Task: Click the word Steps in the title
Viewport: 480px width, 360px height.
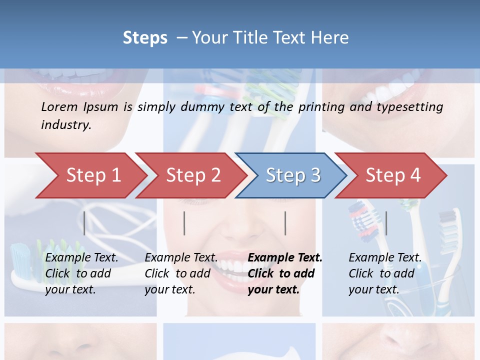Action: point(145,38)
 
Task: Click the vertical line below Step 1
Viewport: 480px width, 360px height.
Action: point(84,223)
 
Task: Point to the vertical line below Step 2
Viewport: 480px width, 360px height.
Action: point(184,223)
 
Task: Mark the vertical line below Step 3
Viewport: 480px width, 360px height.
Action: point(285,223)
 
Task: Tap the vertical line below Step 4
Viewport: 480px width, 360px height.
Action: point(386,223)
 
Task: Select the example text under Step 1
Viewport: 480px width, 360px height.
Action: point(81,273)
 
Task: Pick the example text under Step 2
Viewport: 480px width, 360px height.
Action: point(181,273)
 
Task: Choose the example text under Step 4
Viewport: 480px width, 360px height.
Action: point(385,273)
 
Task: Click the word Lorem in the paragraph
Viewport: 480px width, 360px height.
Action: point(59,106)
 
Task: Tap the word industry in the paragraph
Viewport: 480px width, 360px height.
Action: point(66,125)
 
